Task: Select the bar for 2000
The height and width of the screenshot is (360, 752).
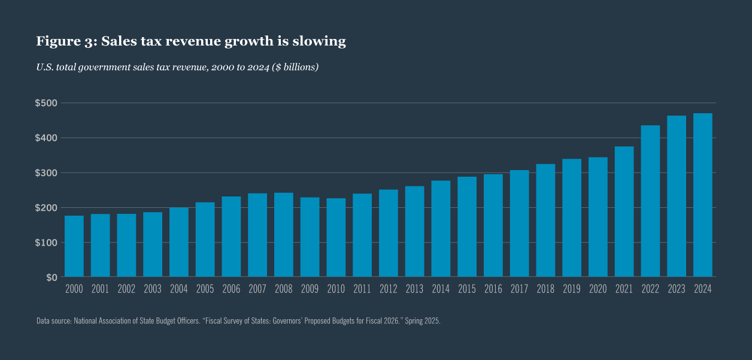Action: coord(74,246)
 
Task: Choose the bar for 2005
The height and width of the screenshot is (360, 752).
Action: coord(205,240)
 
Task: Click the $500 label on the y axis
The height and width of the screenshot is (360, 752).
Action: coord(46,103)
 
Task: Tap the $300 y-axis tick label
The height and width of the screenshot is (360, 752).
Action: coord(46,173)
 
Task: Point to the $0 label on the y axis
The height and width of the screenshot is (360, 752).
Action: coord(51,277)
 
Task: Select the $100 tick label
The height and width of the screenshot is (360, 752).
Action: coord(46,243)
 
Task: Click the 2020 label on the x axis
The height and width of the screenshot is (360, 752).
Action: coord(598,289)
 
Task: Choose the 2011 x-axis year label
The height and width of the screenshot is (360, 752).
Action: coord(362,289)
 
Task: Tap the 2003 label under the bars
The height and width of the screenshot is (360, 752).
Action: coord(153,289)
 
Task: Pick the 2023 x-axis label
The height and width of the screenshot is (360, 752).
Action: coord(677,289)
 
